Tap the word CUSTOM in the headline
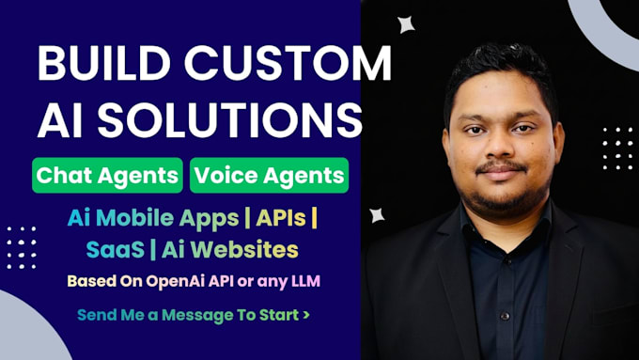[288, 64]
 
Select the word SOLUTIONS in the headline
[230, 120]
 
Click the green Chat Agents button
[107, 176]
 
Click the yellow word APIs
[281, 218]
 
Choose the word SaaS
[116, 249]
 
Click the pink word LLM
[305, 281]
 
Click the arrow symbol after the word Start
[306, 315]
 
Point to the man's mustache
[501, 165]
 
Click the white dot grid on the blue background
[22, 248]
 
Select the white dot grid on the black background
[617, 149]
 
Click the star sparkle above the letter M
[406, 24]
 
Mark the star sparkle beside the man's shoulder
[377, 215]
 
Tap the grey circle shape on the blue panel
[28, 326]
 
